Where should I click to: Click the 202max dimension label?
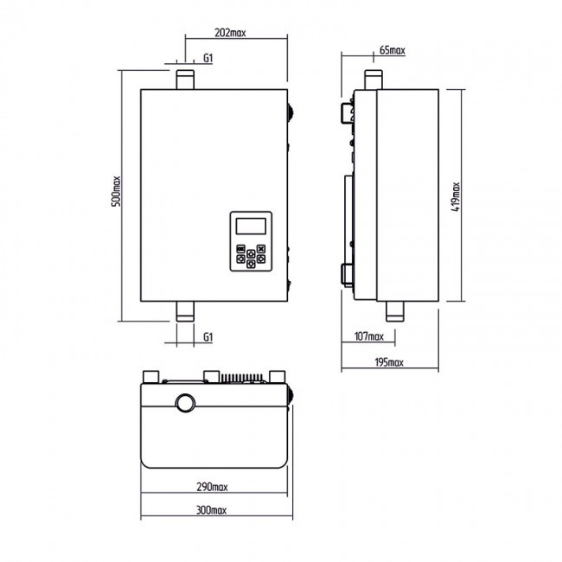[x=230, y=33]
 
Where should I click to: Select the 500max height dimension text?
[x=117, y=191]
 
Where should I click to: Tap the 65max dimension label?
[x=393, y=50]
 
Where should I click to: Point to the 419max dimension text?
[x=456, y=197]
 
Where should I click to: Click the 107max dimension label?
[x=369, y=336]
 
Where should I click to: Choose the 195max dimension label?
[x=389, y=362]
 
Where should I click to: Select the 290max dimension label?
[x=212, y=487]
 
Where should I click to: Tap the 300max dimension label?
[x=212, y=510]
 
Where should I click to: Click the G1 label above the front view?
[x=208, y=58]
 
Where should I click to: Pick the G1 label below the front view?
[x=208, y=337]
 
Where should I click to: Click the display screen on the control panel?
[x=251, y=227]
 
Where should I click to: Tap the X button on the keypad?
[x=261, y=249]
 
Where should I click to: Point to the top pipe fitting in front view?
[x=185, y=80]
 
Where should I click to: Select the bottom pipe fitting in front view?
[x=185, y=311]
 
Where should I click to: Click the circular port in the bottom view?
[x=185, y=403]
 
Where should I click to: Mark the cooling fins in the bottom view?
[x=242, y=378]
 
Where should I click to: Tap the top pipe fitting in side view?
[x=374, y=80]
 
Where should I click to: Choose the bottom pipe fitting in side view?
[x=394, y=311]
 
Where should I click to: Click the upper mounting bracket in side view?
[x=347, y=113]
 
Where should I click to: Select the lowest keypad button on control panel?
[x=251, y=264]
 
